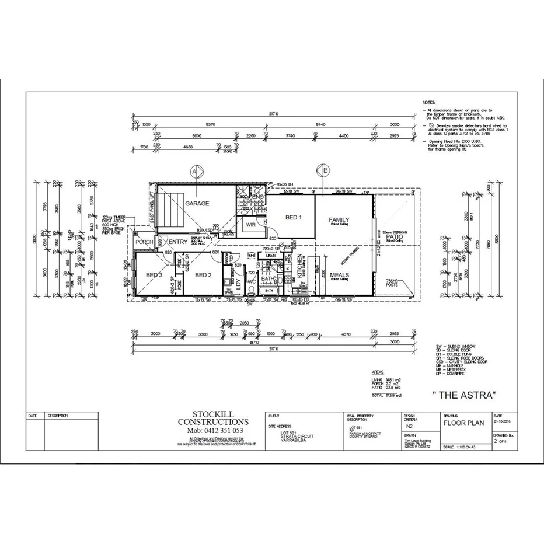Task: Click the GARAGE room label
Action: [197, 204]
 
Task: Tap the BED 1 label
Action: [293, 218]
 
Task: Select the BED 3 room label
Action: [154, 275]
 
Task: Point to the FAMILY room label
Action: [339, 220]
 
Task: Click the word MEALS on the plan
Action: [339, 275]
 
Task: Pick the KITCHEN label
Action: [300, 266]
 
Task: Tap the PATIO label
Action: [394, 236]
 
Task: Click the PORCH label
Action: [144, 242]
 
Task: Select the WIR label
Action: [251, 224]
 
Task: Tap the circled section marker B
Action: [322, 171]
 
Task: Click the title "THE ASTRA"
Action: [465, 395]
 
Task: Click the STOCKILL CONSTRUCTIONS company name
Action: [213, 418]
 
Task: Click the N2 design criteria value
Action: [409, 426]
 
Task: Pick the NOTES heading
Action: [428, 102]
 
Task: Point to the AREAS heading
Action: [378, 371]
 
